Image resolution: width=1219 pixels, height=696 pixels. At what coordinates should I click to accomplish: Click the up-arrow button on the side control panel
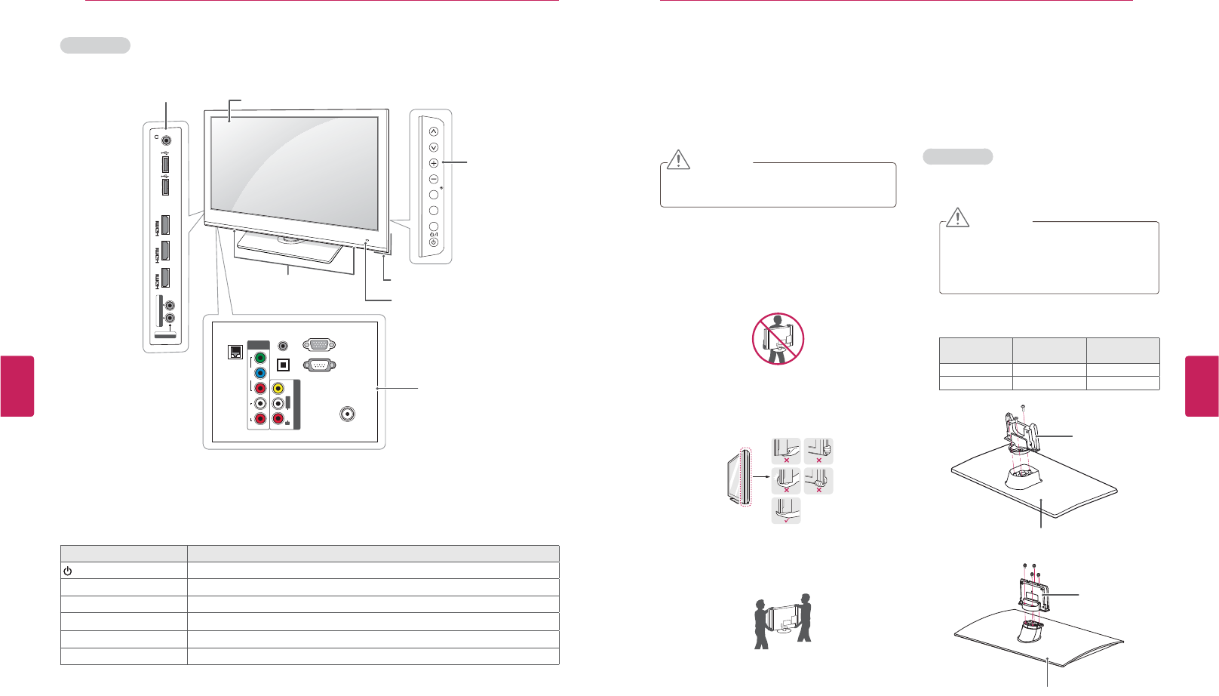(x=434, y=131)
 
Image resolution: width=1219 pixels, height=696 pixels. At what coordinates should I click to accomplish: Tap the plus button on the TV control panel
(x=434, y=163)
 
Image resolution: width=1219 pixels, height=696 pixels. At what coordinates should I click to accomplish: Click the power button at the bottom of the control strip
(x=434, y=242)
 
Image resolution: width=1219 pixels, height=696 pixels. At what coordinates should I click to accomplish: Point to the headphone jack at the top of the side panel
(x=166, y=138)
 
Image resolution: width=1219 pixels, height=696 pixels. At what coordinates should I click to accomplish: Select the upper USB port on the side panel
(x=166, y=162)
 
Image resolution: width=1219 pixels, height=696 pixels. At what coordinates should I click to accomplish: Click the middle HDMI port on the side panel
(x=166, y=251)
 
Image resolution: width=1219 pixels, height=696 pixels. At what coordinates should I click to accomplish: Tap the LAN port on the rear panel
(x=235, y=353)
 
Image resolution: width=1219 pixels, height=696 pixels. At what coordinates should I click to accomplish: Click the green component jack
(x=260, y=359)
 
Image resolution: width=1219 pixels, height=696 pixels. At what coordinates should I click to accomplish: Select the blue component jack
(x=260, y=373)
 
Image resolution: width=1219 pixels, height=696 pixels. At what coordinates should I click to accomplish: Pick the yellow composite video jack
(x=278, y=389)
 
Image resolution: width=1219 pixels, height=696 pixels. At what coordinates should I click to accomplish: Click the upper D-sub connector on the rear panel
(x=318, y=345)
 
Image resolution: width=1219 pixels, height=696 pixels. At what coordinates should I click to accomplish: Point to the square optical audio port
(x=283, y=365)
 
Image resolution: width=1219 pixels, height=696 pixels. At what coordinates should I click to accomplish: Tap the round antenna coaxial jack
(x=347, y=414)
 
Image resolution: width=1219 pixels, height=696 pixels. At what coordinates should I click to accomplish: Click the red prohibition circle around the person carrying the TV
(x=778, y=338)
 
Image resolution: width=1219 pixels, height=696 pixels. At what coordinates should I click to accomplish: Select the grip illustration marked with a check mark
(x=786, y=510)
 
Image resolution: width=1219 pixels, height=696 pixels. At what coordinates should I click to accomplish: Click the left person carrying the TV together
(x=762, y=624)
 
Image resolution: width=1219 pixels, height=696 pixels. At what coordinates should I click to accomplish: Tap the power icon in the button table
(x=67, y=571)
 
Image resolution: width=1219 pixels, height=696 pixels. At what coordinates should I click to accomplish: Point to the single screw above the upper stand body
(x=1022, y=407)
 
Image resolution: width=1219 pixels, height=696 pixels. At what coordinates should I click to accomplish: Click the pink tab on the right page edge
(x=1202, y=386)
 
